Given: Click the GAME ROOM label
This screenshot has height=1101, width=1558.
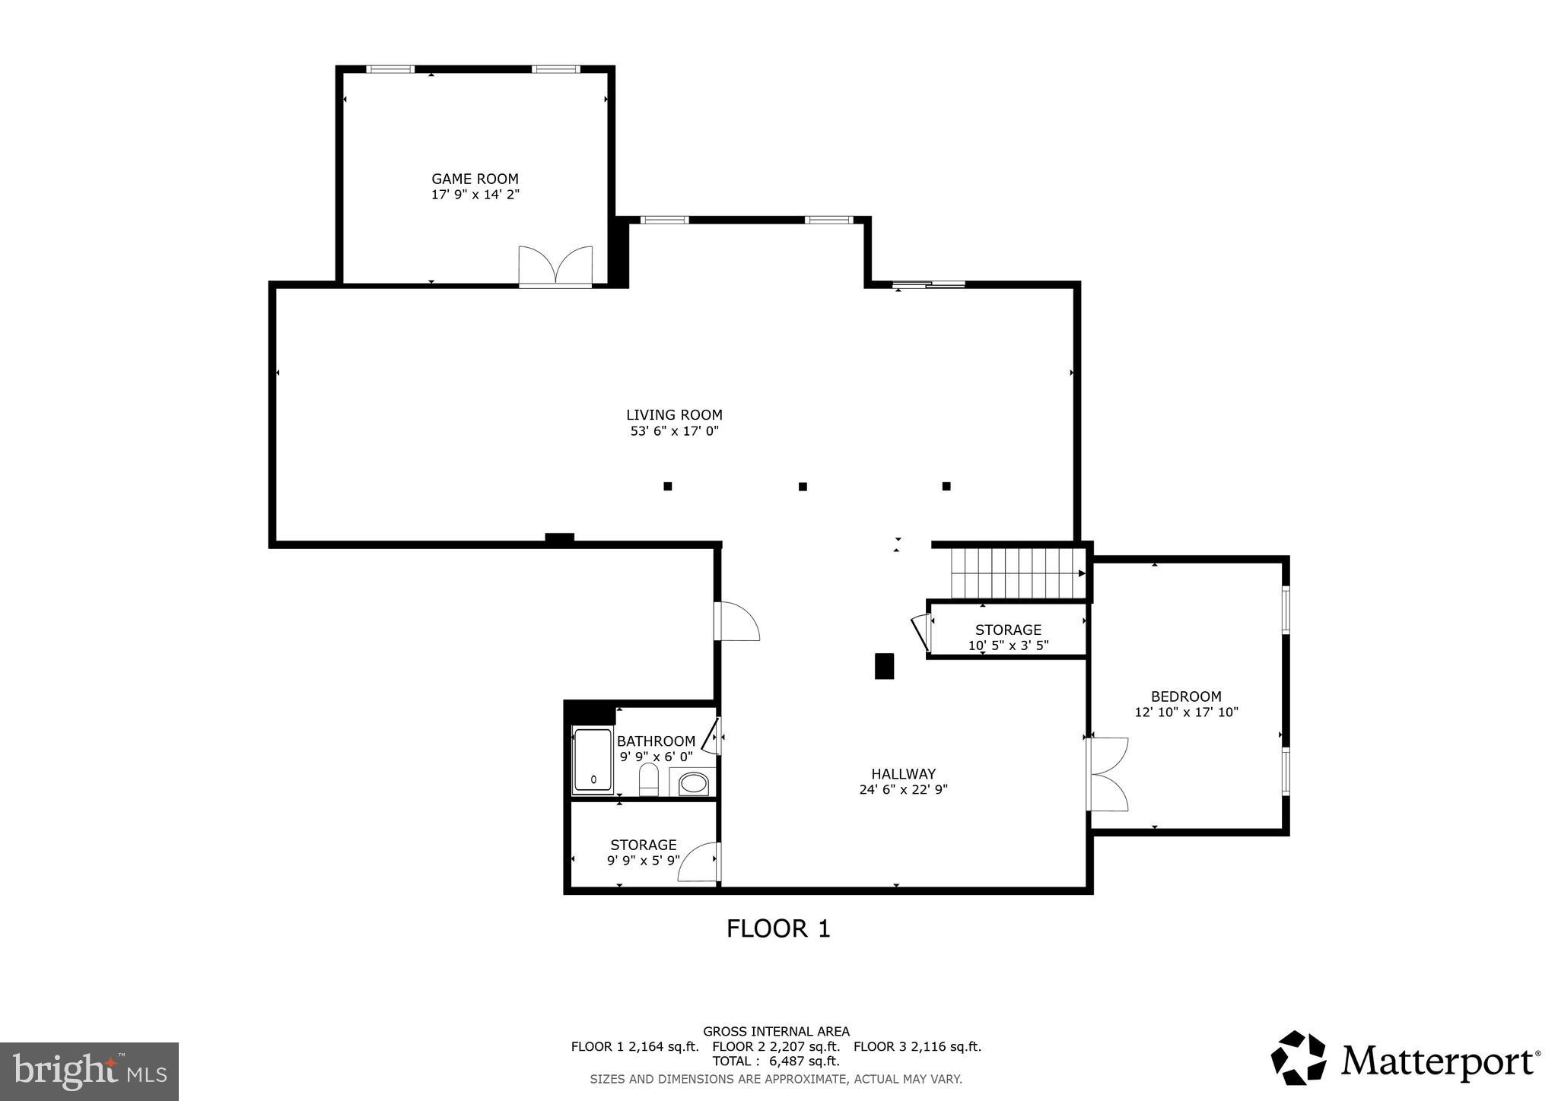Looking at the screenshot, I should [475, 179].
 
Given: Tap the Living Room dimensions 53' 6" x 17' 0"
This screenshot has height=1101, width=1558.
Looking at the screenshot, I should [674, 431].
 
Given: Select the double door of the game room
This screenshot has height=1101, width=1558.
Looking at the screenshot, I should [555, 267].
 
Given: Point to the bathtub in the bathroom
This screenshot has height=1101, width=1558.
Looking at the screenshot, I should [593, 761].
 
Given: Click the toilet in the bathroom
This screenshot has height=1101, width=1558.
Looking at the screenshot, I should [648, 779].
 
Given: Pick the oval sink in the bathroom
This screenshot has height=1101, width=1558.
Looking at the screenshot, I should [692, 782].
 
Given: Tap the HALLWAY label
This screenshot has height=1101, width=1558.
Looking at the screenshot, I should [903, 774].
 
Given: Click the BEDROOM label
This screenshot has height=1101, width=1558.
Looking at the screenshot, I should [1185, 696].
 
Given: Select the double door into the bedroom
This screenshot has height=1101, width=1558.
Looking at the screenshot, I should [1108, 774].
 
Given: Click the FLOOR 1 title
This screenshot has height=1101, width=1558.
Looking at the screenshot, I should [777, 928].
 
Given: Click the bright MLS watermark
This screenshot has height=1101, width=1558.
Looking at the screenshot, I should [89, 1071].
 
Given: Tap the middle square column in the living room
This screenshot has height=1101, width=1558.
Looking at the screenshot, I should [803, 487].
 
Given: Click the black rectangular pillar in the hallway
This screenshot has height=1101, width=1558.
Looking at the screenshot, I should [884, 666].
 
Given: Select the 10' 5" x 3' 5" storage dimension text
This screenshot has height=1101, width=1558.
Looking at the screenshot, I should [1008, 646].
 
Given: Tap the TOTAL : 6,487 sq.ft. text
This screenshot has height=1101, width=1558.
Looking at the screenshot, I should [775, 1061].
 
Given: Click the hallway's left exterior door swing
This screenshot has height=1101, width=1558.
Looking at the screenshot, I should [736, 621].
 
